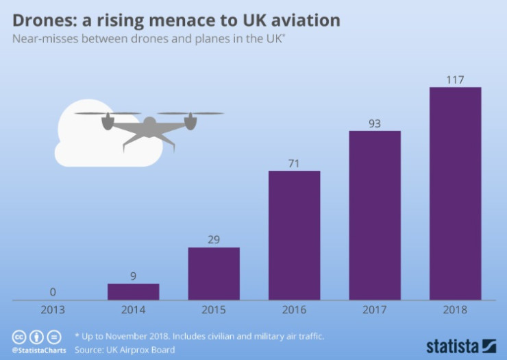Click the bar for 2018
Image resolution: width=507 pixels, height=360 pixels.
click(455, 193)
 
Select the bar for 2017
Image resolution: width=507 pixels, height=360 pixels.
click(375, 215)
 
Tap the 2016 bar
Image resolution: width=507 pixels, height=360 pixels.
click(294, 235)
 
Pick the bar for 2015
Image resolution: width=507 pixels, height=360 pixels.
click(214, 274)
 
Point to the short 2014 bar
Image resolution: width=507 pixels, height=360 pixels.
click(133, 291)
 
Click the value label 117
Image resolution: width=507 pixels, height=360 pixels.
click(455, 80)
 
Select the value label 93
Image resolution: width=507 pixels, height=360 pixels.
click(375, 123)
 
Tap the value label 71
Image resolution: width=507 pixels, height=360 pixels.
click(294, 163)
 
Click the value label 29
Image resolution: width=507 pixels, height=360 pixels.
click(214, 239)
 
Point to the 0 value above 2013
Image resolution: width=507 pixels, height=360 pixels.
click(53, 293)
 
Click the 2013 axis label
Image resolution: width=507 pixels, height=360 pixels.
click(53, 310)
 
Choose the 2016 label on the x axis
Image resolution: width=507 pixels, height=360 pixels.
click(294, 310)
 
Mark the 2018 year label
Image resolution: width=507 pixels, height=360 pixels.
click(455, 310)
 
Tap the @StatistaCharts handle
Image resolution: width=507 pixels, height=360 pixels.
click(36, 350)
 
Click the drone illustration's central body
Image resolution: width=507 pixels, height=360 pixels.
click(149, 125)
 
